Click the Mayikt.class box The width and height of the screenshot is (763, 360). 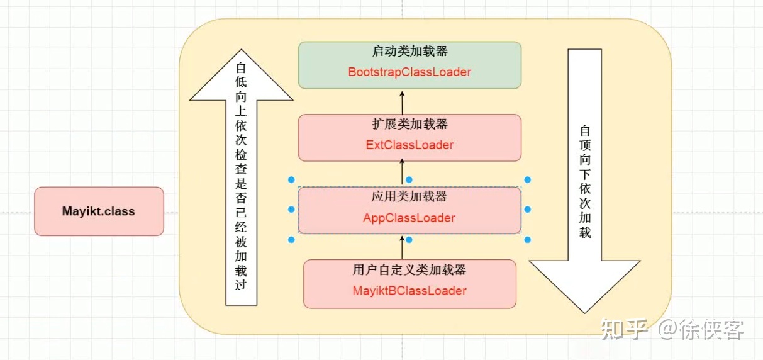point(99,211)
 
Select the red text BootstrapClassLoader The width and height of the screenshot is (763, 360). point(409,72)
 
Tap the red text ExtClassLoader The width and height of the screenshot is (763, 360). point(409,145)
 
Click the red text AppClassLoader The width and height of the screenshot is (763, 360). point(409,218)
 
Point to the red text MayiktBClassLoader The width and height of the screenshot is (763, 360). point(409,291)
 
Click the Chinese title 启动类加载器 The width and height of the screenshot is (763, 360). point(409,52)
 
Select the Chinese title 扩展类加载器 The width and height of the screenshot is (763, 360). point(409,125)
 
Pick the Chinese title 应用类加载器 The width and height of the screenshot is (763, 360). point(409,197)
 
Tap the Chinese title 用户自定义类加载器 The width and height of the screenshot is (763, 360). point(409,271)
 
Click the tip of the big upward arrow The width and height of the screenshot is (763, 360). point(241,53)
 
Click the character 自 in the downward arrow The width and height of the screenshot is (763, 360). point(585,130)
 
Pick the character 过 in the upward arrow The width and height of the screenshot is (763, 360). point(241,285)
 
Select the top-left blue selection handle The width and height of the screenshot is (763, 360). point(291,179)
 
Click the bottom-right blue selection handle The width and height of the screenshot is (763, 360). point(527,239)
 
